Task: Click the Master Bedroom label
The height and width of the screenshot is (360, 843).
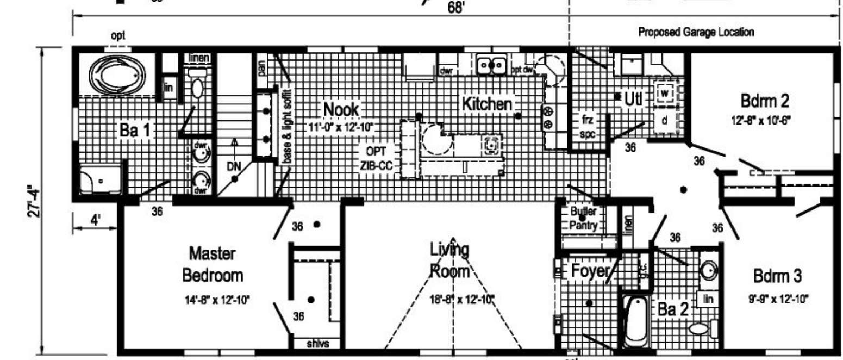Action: [212, 265]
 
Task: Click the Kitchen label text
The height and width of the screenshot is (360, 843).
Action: [486, 104]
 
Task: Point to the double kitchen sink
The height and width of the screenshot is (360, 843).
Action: [491, 65]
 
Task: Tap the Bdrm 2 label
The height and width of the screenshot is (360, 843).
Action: [764, 102]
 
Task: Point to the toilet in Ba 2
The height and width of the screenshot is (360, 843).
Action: [701, 328]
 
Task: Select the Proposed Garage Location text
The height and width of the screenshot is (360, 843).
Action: [696, 32]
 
